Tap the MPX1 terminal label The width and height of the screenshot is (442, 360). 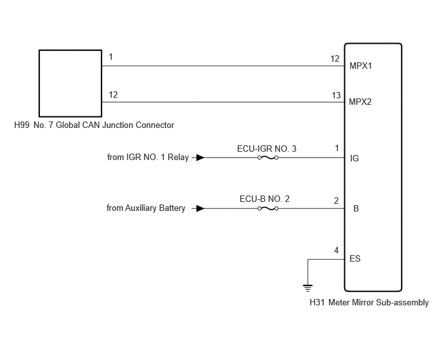[360, 66]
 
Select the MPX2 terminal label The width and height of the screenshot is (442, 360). [360, 102]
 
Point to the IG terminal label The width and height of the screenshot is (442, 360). [355, 158]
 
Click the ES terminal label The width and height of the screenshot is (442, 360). [355, 258]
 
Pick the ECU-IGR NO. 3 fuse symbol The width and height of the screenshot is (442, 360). [268, 157]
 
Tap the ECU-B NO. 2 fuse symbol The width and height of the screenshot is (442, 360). [268, 208]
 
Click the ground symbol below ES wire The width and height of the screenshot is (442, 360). [308, 289]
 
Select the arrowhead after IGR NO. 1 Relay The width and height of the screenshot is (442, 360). [200, 157]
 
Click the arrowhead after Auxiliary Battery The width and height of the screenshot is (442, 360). [200, 208]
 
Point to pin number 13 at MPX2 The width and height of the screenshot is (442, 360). [336, 95]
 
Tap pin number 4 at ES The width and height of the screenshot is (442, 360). [336, 250]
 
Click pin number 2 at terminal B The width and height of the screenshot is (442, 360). [336, 201]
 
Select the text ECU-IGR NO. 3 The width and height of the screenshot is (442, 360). [267, 148]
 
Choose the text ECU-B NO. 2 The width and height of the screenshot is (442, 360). [265, 199]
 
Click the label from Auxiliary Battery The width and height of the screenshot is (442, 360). [146, 208]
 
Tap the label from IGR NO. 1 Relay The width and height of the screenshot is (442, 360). [148, 157]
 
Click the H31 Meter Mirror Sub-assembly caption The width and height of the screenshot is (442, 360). [369, 302]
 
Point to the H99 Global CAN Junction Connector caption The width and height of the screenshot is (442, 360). [94, 125]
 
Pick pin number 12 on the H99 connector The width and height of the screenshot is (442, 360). [113, 94]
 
